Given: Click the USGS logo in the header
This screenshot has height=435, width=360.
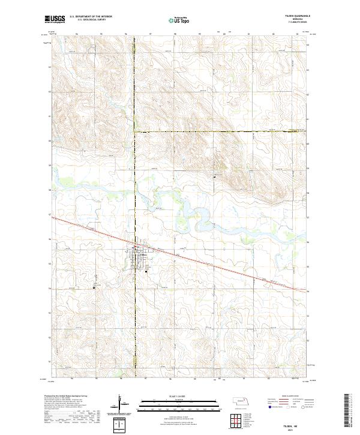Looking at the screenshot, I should [55, 20].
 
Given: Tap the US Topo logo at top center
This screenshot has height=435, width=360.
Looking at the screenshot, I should [179, 20].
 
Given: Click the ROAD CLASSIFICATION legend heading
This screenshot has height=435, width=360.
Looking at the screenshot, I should [293, 397].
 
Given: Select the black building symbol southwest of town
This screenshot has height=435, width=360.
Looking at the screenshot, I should [94, 287].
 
